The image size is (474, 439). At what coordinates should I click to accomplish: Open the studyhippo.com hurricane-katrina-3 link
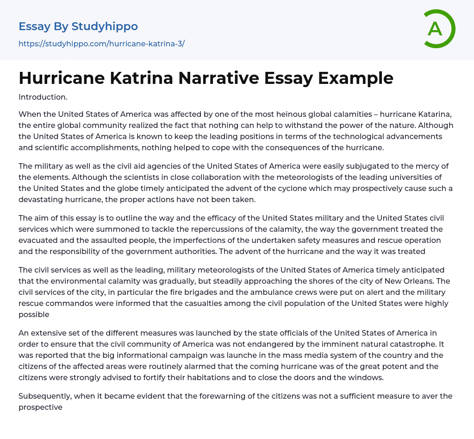coord(101,44)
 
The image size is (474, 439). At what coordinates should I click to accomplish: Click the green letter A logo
coord(435,29)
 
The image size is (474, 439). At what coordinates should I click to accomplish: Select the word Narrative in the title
coord(222,78)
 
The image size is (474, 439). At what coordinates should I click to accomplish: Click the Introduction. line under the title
coord(43,97)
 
